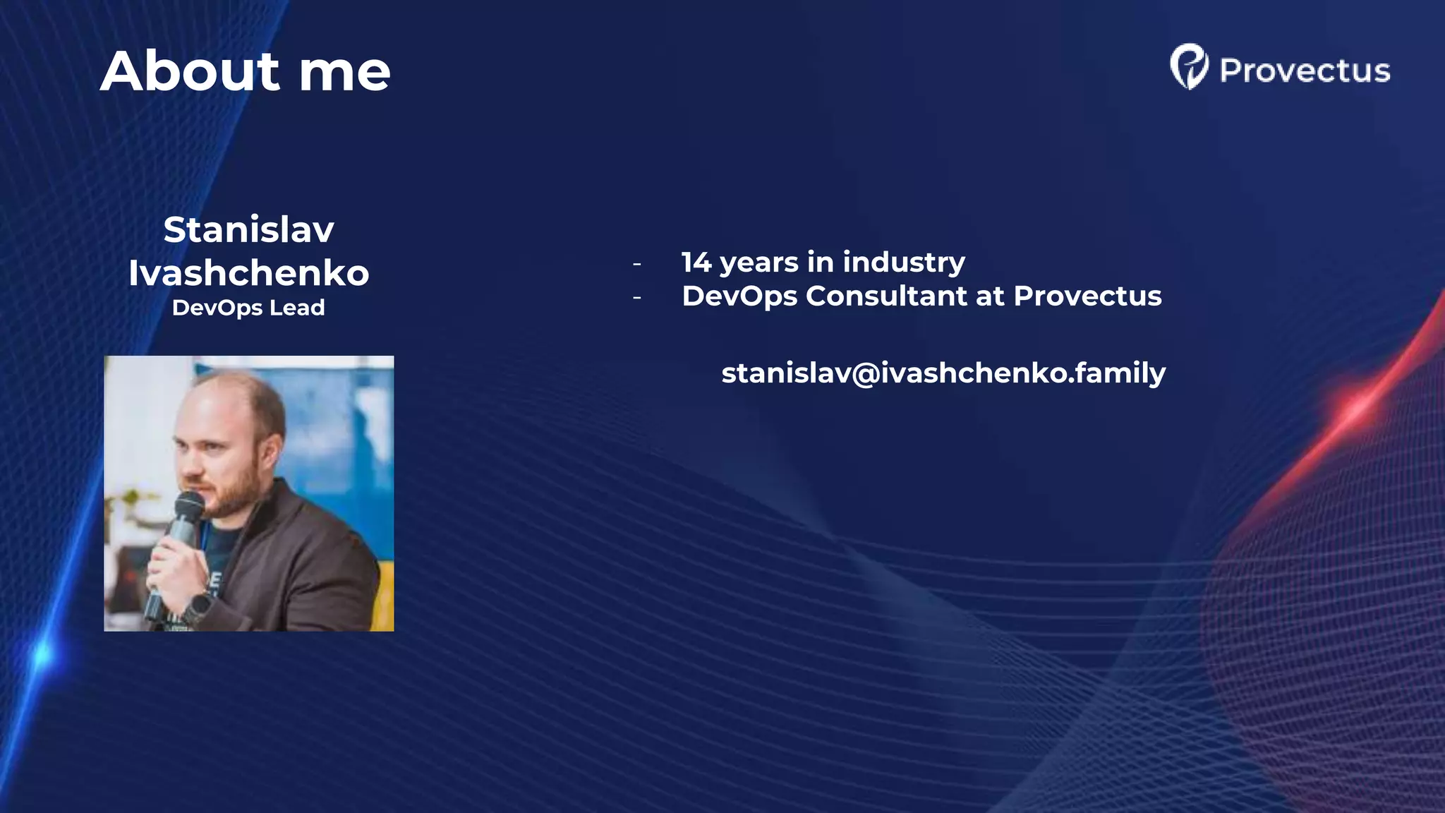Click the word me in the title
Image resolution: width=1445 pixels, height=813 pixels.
pyautogui.click(x=344, y=73)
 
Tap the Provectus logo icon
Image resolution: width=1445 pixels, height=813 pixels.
pyautogui.click(x=1189, y=67)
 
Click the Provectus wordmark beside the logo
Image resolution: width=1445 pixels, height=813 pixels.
pyautogui.click(x=1305, y=71)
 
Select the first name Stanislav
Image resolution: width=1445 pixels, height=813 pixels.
pyautogui.click(x=248, y=230)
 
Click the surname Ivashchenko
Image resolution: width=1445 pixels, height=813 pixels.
pyautogui.click(x=248, y=273)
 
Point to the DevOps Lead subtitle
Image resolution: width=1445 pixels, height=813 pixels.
pyautogui.click(x=248, y=308)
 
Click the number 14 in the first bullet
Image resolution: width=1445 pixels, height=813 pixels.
pyautogui.click(x=696, y=263)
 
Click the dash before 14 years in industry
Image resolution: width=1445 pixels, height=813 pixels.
pyautogui.click(x=637, y=264)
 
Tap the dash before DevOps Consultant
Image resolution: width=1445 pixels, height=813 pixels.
pyautogui.click(x=637, y=298)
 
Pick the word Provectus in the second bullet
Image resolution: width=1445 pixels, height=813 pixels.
pyautogui.click(x=1087, y=296)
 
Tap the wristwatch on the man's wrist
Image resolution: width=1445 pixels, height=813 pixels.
pyautogui.click(x=200, y=606)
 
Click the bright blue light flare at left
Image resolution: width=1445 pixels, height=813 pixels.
pyautogui.click(x=42, y=654)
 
